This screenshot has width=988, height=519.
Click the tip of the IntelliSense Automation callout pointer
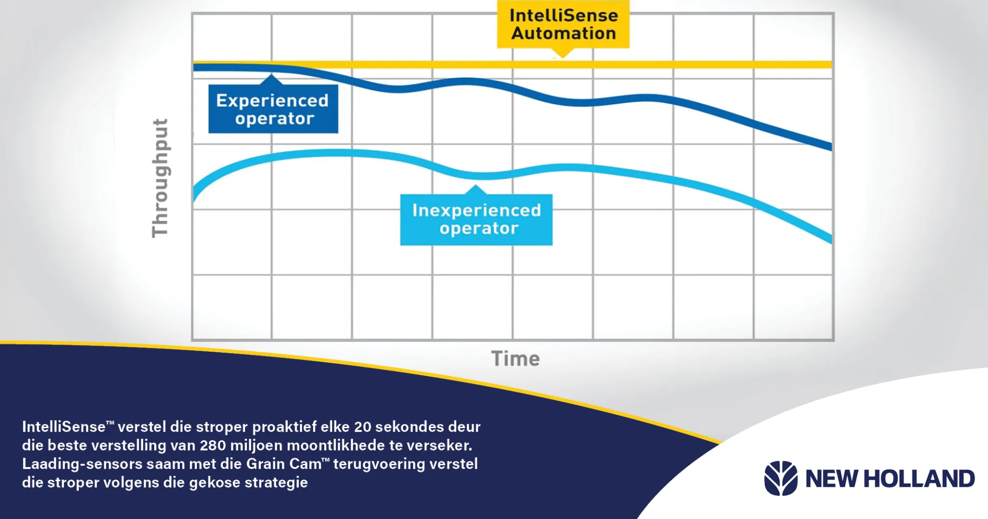point(563,58)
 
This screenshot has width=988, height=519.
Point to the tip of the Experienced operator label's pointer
point(272,74)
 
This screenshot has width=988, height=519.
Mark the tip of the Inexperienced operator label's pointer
point(476,185)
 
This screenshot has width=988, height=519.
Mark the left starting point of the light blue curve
point(194,197)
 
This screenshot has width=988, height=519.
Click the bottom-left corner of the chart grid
point(193,340)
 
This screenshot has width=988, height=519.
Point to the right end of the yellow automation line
point(831,65)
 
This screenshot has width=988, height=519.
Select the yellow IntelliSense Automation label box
point(563,24)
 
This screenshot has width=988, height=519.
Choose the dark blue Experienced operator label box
point(273,109)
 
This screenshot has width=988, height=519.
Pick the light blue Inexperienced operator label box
point(476,220)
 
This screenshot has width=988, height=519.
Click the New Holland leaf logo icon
point(781,478)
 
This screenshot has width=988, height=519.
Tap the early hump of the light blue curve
point(336,153)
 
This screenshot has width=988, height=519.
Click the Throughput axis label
point(160,178)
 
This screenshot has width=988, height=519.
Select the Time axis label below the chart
point(515,359)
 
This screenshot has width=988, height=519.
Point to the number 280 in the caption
point(213,445)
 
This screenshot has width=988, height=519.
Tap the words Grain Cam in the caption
point(284,464)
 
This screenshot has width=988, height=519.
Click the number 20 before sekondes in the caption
point(363,427)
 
